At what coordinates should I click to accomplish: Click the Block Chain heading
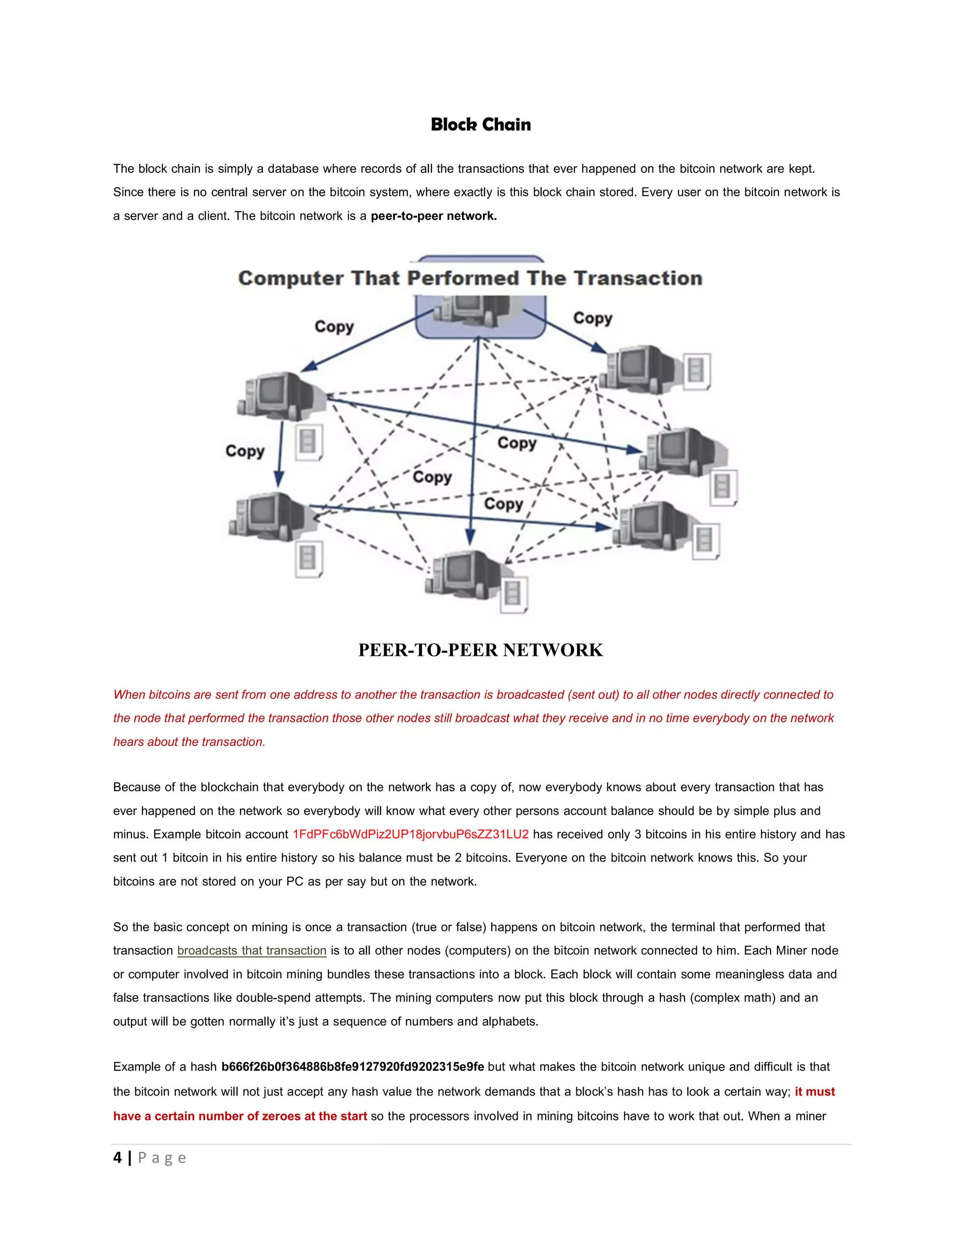[481, 124]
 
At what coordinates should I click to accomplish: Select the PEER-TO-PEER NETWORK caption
[481, 650]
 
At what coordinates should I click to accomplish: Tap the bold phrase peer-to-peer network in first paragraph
[434, 216]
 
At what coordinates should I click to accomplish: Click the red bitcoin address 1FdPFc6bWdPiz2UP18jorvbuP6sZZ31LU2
[411, 834]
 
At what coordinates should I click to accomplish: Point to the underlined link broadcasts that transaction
[251, 951]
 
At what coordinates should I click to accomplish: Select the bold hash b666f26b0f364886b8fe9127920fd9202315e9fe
[353, 1066]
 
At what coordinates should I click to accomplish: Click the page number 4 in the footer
[117, 1158]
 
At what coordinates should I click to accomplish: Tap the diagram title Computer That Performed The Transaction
[470, 278]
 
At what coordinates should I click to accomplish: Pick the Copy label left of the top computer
[334, 327]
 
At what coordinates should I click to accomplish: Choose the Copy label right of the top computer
[593, 318]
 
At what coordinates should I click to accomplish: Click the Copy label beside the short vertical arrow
[245, 451]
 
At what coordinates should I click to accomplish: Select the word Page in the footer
[162, 1158]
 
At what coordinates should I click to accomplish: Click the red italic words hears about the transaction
[189, 742]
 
